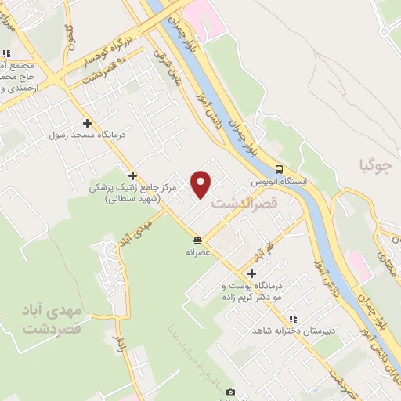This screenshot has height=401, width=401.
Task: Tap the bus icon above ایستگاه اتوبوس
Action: [x=279, y=169]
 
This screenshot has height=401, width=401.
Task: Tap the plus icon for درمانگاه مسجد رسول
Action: [x=87, y=123]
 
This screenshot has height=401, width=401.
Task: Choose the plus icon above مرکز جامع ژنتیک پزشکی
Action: [x=133, y=175]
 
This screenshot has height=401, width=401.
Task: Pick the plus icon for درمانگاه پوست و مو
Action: [x=251, y=273]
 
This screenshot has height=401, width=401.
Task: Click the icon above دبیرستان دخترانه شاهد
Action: [x=292, y=319]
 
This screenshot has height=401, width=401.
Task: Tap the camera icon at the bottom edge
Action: [x=230, y=392]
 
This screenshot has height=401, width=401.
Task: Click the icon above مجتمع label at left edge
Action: [x=6, y=54]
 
